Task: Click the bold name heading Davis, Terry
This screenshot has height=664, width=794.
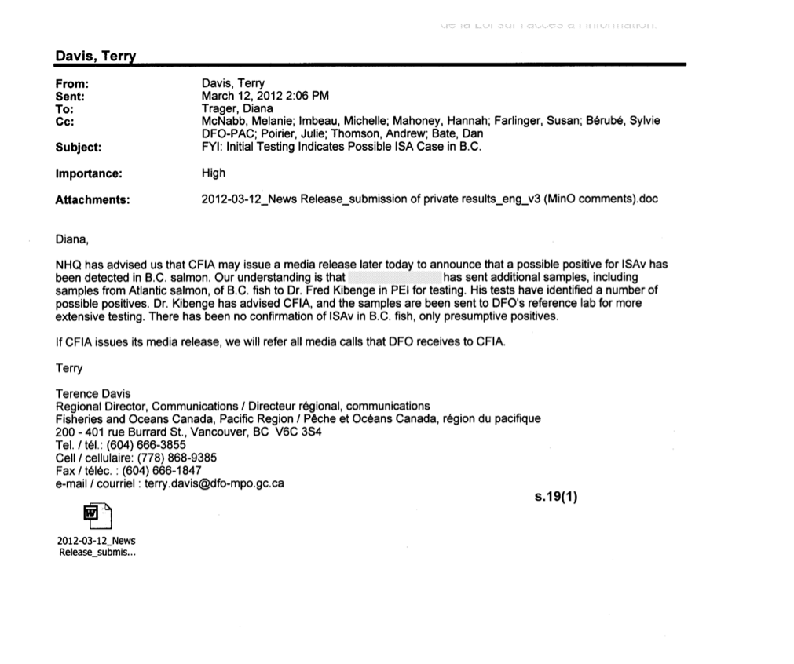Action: click(x=95, y=57)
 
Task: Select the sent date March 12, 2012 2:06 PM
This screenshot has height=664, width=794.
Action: click(x=265, y=96)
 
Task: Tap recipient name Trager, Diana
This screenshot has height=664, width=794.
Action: click(x=237, y=108)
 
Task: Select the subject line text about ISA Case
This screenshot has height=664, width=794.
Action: click(x=341, y=147)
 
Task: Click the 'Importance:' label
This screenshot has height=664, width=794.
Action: click(x=88, y=173)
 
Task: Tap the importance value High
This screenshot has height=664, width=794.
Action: click(x=213, y=173)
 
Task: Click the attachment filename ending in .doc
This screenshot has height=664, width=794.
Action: click(x=430, y=199)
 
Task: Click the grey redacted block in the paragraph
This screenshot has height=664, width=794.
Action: click(x=394, y=278)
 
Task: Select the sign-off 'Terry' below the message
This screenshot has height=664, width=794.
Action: click(x=69, y=367)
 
